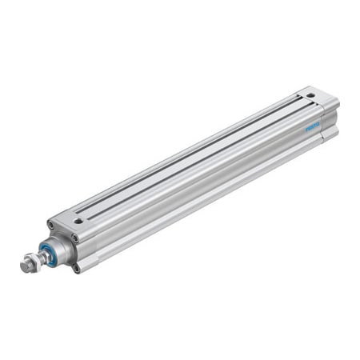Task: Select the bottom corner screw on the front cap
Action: [76, 266]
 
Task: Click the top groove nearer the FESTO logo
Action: [200, 160]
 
